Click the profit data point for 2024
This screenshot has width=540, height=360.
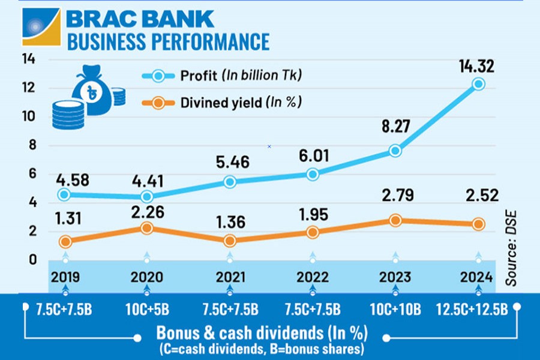tap(478, 84)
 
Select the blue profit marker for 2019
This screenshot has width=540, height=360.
tap(64, 194)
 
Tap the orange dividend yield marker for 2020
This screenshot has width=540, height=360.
tap(147, 228)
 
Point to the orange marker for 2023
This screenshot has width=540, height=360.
tap(395, 220)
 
